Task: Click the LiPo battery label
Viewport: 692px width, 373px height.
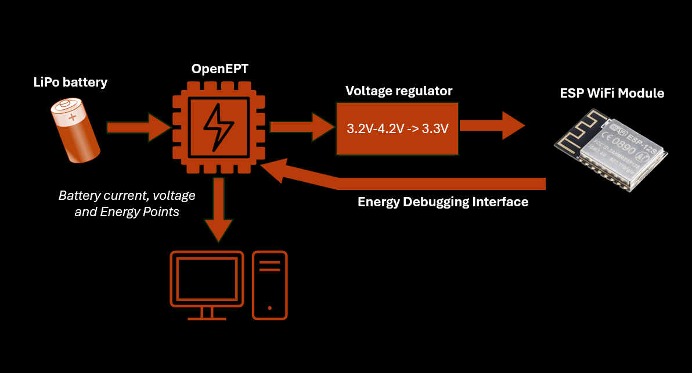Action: [x=70, y=82]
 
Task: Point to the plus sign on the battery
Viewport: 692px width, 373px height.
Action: [x=73, y=117]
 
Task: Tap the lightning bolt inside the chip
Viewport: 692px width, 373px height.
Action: [x=219, y=127]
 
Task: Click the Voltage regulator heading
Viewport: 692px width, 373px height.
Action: [x=399, y=91]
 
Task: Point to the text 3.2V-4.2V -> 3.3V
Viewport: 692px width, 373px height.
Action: [x=398, y=129]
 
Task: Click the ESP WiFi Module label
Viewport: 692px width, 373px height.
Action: [x=612, y=93]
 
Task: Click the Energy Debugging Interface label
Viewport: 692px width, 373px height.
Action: [x=443, y=202]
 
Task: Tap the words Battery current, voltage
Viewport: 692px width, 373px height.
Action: [x=127, y=196]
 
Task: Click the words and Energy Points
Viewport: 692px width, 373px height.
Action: [x=127, y=212]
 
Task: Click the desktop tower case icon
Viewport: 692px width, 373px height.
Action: [x=270, y=285]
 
